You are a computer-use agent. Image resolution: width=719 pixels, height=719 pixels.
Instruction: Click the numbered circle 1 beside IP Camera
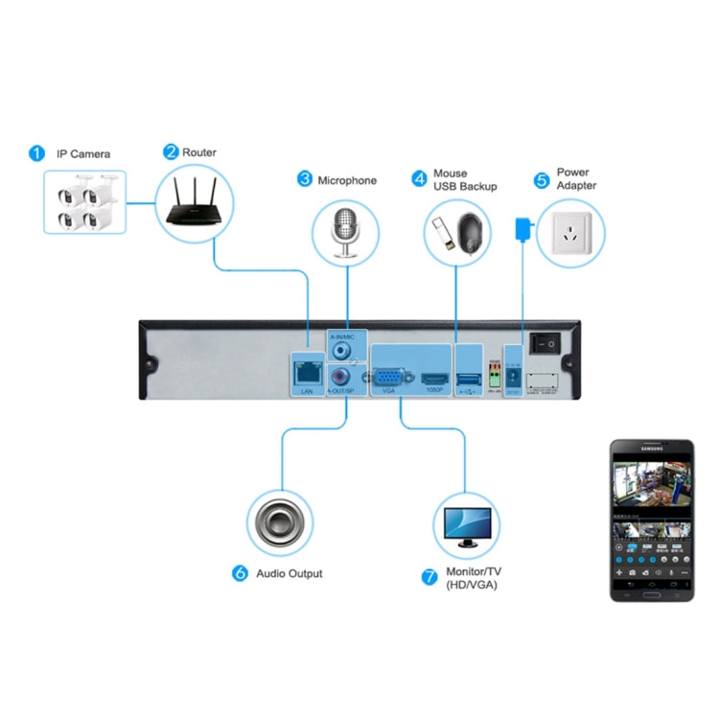click(36, 153)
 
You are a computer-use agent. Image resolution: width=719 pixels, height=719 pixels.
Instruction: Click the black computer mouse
click(472, 232)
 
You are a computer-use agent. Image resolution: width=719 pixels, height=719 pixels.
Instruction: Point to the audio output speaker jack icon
click(279, 523)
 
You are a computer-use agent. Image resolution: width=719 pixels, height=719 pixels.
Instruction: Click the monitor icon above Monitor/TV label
click(467, 523)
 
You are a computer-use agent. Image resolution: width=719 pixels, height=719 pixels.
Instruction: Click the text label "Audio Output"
click(290, 573)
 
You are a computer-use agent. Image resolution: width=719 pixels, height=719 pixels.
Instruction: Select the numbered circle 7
click(429, 578)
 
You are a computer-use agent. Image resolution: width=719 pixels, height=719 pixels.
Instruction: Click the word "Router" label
click(200, 152)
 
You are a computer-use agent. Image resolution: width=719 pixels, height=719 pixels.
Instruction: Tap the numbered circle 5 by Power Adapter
click(541, 179)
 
